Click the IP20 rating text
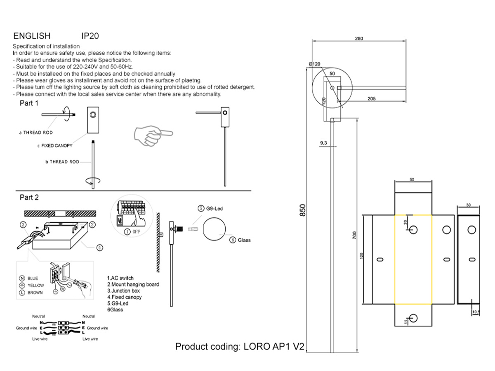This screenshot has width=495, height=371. point(90,36)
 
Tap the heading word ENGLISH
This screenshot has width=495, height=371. point(32,36)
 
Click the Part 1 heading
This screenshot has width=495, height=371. point(29,103)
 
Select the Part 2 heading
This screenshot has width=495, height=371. point(29,198)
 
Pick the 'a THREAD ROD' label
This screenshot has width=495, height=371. point(36,133)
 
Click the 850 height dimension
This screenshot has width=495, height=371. point(303,210)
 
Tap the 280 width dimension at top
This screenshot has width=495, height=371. point(359,39)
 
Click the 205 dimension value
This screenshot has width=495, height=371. point(371,99)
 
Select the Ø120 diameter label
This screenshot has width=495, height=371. point(315,64)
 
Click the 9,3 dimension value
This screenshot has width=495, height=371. point(323,143)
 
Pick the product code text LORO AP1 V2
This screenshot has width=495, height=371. point(240,346)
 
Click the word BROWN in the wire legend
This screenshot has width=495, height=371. point(35,293)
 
